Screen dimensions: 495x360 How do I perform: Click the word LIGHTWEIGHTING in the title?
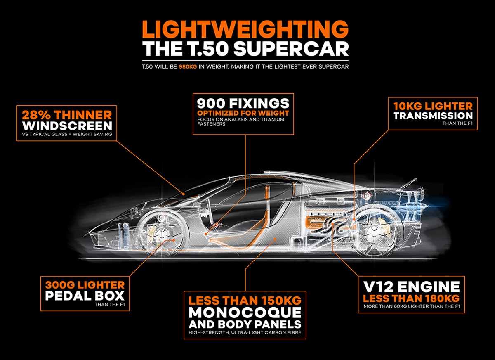tap(245, 29)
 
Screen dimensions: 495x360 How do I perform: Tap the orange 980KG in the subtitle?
tap(188, 66)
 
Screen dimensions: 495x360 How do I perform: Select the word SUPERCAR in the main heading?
tap(291, 49)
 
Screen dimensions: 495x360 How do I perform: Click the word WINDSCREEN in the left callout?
tap(67, 126)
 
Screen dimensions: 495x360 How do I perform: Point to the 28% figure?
tap(37, 115)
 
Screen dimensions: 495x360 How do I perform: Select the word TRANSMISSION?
tap(433, 116)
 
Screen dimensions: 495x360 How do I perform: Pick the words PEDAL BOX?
tap(85, 296)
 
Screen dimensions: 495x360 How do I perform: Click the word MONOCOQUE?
tap(245, 313)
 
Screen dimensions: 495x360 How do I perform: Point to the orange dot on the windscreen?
tap(183, 194)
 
